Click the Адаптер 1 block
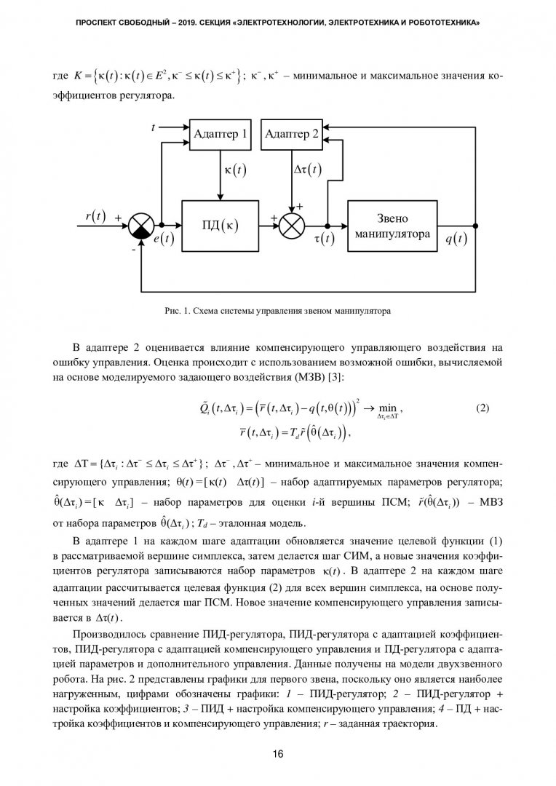[x=221, y=134]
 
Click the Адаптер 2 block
[x=291, y=134]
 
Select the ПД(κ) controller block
[x=220, y=226]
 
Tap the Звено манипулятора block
[x=393, y=226]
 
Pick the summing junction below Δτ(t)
[x=292, y=226]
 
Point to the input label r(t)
[x=95, y=216]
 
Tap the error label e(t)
[x=164, y=239]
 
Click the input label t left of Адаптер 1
[x=154, y=127]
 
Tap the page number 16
[x=277, y=754]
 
